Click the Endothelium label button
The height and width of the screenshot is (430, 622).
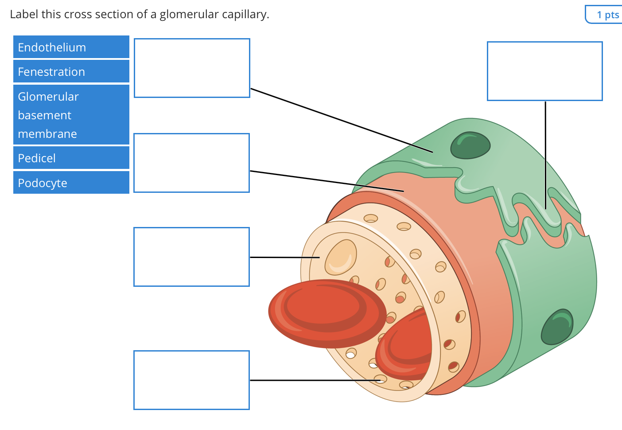pos(71,47)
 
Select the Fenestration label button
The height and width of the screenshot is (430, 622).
pos(71,71)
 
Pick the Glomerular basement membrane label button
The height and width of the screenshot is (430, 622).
pos(71,115)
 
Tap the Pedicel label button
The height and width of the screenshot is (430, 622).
pos(71,158)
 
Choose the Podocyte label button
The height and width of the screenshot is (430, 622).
pos(71,183)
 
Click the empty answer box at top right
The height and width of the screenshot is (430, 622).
pos(544,71)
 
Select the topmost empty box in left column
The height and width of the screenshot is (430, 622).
pos(192,68)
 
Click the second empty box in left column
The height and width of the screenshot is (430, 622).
pos(191,163)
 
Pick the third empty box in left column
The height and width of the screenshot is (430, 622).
pos(191,257)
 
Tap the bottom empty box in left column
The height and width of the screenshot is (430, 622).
pos(191,380)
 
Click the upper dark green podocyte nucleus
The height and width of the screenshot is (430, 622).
pos(470,145)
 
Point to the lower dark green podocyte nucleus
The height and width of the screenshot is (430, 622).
pos(557,327)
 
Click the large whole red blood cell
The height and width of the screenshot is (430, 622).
pos(327,313)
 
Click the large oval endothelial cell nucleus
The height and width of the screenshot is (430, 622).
pos(341,257)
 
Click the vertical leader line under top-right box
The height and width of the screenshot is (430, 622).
pos(545,155)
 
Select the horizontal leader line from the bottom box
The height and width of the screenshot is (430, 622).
pos(310,380)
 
